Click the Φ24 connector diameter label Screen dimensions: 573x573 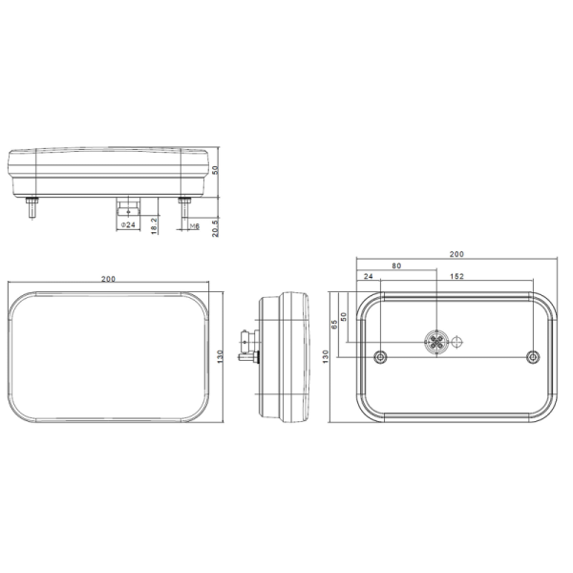(128, 224)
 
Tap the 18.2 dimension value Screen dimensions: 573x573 (154, 225)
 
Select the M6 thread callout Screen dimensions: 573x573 (195, 226)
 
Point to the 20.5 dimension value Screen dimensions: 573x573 (215, 228)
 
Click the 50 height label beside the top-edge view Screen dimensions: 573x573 (215, 170)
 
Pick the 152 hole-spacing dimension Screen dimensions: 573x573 (456, 276)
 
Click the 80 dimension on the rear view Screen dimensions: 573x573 (396, 266)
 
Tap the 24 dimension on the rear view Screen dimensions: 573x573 (369, 276)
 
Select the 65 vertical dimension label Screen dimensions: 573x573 (334, 325)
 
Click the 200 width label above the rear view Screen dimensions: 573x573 (456, 254)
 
